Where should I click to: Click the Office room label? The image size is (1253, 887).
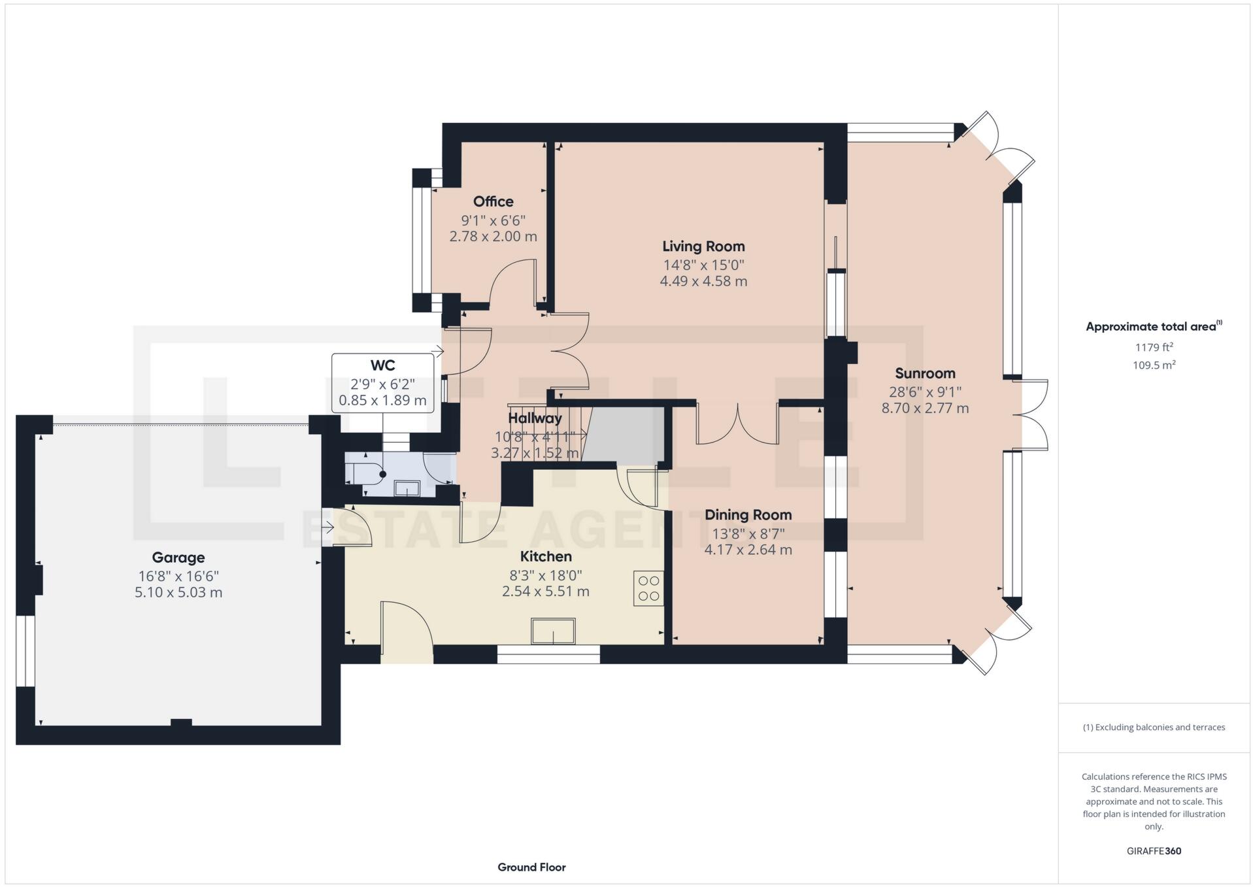493,201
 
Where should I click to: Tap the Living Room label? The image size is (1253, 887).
703,246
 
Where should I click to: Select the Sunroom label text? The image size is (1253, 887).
925,373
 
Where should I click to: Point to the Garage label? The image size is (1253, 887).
178,558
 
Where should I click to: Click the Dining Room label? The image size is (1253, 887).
748,515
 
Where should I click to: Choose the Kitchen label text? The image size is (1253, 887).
546,556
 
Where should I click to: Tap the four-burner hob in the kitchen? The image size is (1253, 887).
648,588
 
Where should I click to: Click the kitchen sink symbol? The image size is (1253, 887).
553,631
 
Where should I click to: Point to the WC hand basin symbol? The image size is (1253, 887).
408,488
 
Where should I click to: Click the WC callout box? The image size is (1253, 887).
383,383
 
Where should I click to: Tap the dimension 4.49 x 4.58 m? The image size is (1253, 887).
703,281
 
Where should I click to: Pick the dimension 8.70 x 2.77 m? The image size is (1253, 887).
925,409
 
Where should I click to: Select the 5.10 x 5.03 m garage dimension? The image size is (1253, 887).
178,593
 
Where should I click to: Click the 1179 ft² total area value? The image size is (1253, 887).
1154,347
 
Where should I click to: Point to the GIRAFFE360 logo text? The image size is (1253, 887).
1154,851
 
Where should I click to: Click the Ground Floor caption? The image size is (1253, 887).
531,867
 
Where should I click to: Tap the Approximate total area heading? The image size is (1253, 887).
1154,326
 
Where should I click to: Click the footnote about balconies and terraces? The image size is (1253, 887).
1154,728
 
